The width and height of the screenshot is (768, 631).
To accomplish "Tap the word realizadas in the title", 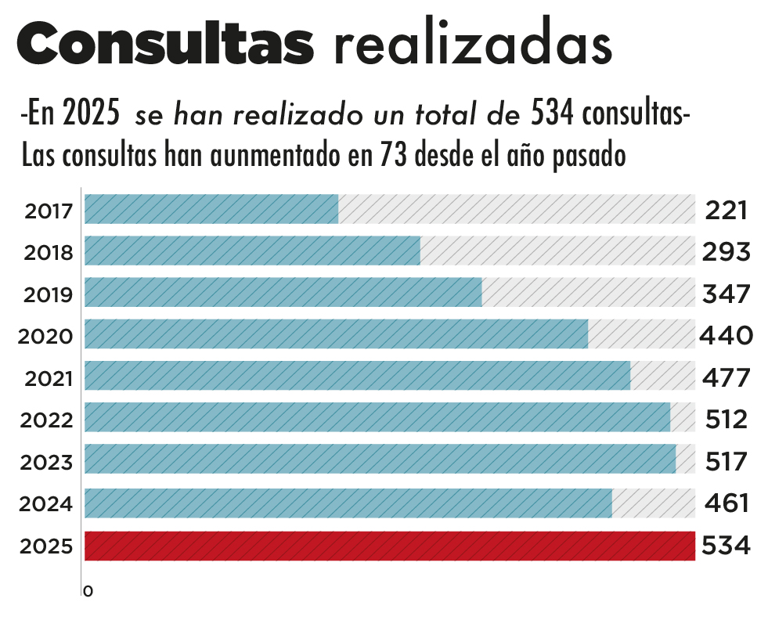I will tap(472, 45).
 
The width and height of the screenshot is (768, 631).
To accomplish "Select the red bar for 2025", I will tap(389, 546).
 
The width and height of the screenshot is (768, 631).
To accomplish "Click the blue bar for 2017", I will tap(211, 209).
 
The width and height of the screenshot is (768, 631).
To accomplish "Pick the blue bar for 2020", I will tap(336, 334).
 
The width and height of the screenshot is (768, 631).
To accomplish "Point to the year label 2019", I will tap(49, 295).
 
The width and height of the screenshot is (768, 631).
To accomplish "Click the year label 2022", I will tap(46, 420).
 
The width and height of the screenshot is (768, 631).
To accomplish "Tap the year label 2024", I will tap(46, 504).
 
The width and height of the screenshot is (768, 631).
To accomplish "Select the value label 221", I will tap(726, 211).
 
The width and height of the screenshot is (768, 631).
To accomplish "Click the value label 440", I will tap(727, 336).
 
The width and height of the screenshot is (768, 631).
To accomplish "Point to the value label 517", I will tap(725, 461).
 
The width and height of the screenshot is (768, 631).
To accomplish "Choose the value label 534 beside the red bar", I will tap(726, 546).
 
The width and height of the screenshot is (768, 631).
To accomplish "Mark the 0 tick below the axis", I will tap(88, 592).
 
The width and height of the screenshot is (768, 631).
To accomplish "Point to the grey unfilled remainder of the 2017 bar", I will tap(517, 209).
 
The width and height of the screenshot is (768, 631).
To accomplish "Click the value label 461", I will tap(727, 503).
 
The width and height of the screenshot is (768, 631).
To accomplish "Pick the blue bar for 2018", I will tap(252, 251).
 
